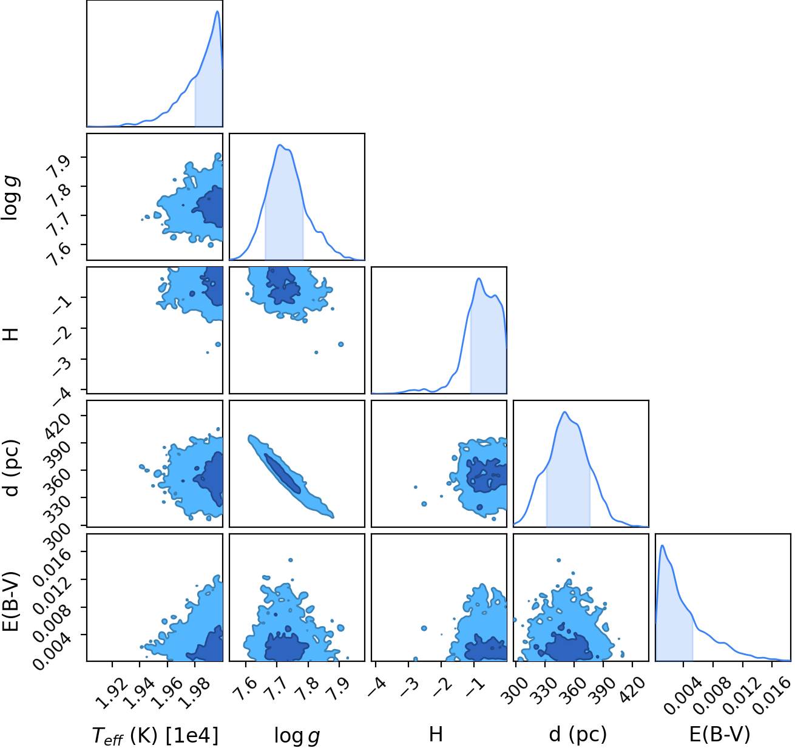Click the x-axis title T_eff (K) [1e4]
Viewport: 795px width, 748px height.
155,735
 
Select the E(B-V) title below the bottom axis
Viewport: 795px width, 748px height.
719,734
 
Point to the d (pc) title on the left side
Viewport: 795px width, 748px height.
11,468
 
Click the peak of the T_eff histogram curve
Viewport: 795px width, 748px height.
217,11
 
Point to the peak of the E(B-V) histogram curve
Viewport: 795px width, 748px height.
663,545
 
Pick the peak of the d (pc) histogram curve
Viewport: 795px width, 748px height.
565,412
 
